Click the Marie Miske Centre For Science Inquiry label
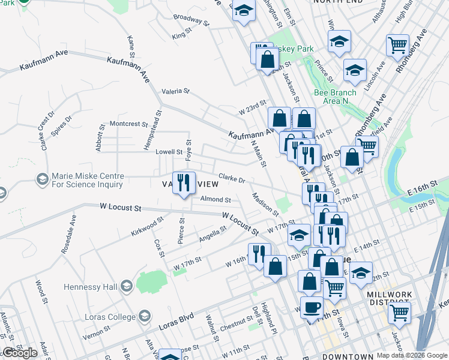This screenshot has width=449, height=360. (x=88, y=180)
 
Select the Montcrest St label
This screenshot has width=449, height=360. (x=129, y=124)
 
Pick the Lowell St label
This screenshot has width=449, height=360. (x=169, y=152)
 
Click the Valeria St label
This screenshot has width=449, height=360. (x=175, y=91)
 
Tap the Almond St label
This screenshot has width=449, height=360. (x=215, y=199)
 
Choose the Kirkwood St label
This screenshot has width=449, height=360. (x=145, y=227)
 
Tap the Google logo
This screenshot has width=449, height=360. (x=20, y=353)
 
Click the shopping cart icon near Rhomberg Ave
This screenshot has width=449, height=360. (x=398, y=44)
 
